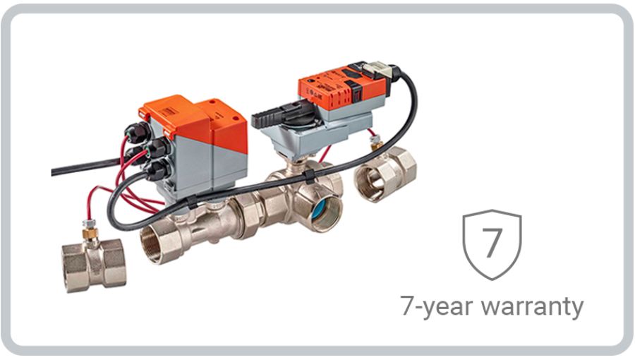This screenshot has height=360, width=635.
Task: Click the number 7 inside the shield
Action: point(492,242)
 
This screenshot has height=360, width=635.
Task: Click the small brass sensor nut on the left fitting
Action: point(90,232)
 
